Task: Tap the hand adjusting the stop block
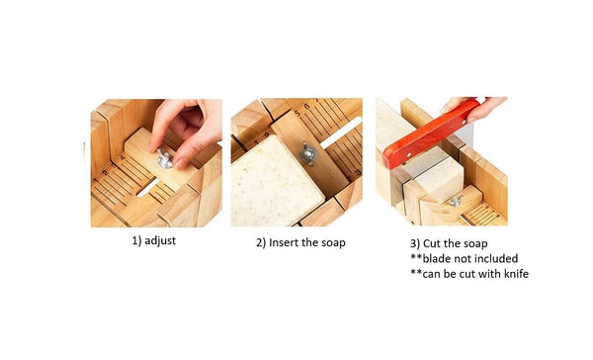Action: (x=188, y=125)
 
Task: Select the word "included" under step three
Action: (x=502, y=257)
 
